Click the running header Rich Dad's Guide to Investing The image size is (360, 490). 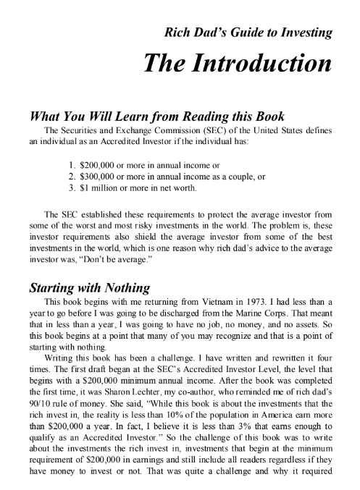[249, 32]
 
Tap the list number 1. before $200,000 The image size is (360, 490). [71, 163]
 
